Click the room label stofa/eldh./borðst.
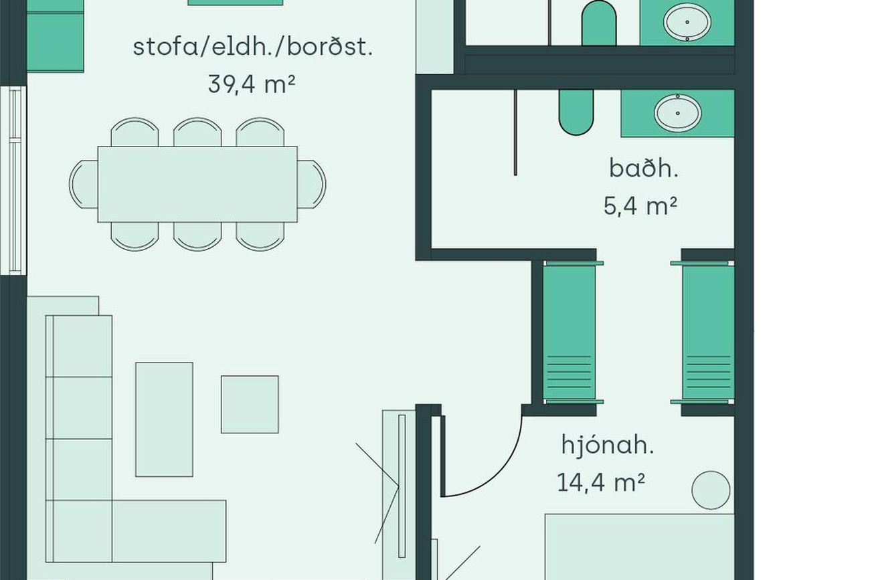[252, 47]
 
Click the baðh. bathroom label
[644, 169]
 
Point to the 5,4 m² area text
[640, 206]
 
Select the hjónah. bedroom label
[608, 446]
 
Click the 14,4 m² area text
[601, 482]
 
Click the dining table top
[197, 185]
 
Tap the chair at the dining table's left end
[84, 185]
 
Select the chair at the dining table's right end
[312, 185]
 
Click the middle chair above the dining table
[197, 132]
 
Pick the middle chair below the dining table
[197, 236]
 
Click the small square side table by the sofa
[250, 404]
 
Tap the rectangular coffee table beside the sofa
[164, 419]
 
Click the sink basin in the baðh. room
[678, 113]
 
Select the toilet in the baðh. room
[576, 112]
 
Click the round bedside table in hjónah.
[711, 490]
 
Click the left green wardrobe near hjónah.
[570, 332]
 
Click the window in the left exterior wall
[13, 181]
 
